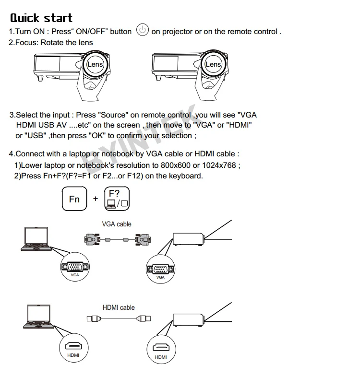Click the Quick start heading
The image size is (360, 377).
[x=41, y=18]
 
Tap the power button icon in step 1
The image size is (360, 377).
[x=142, y=30]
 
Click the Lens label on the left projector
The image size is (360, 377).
[x=95, y=64]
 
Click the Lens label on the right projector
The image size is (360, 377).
[x=213, y=64]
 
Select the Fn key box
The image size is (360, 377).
[x=74, y=199]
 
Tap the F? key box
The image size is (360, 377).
[x=117, y=198]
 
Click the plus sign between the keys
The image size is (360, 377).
[x=96, y=199]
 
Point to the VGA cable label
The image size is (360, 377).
[x=116, y=224]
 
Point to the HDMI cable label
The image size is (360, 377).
[x=119, y=307]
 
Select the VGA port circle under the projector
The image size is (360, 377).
[x=160, y=270]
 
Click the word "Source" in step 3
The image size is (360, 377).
[x=113, y=115]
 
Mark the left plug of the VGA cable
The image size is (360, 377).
[x=92, y=239]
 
